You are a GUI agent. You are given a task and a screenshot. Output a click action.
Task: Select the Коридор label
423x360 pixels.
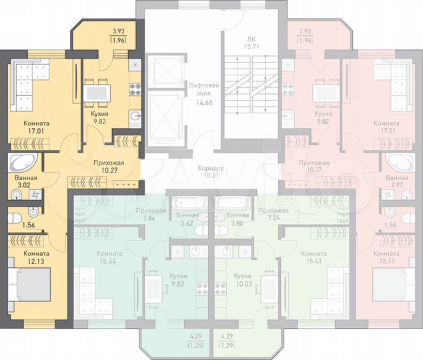point(211,168)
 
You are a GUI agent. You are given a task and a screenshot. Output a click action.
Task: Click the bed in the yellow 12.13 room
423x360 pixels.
point(29,289)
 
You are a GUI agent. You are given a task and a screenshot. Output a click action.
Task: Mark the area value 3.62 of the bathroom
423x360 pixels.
point(187,223)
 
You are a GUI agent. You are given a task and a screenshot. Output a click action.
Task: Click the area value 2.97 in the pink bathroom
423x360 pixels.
point(397,187)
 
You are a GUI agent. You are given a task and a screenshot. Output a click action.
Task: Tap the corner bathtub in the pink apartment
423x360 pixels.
point(398,163)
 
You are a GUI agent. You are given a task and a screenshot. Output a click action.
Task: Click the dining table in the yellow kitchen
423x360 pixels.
point(101,91)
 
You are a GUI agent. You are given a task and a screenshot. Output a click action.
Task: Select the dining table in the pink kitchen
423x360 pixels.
point(325,91)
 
